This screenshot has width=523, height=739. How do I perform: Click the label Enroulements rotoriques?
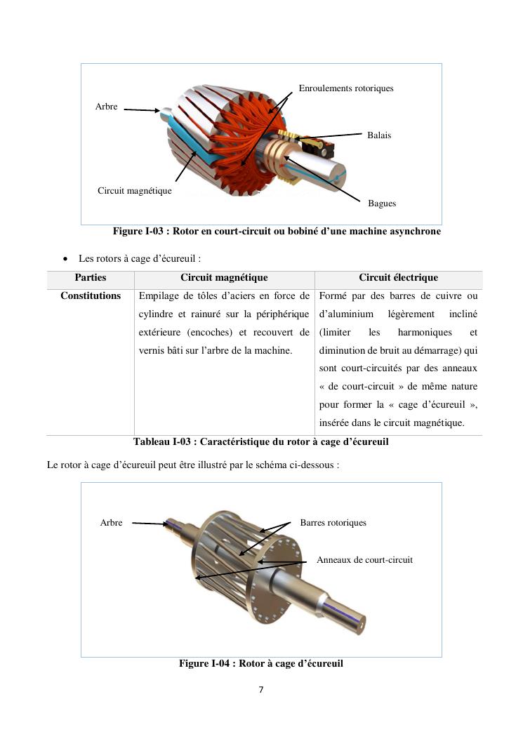pyautogui.click(x=346, y=88)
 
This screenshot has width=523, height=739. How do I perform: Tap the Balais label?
pyautogui.click(x=379, y=135)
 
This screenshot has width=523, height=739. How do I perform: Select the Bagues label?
pyautogui.click(x=382, y=204)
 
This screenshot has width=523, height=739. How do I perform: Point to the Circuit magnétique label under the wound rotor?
pyautogui.click(x=135, y=190)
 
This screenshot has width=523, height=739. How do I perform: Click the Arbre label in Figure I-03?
pyautogui.click(x=107, y=107)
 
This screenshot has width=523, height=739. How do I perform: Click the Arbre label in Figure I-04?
pyautogui.click(x=112, y=522)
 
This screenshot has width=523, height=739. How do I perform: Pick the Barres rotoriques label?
pyautogui.click(x=333, y=522)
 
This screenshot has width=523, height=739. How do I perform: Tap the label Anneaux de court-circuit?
pyautogui.click(x=364, y=560)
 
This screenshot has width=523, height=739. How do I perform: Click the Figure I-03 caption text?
pyautogui.click(x=277, y=232)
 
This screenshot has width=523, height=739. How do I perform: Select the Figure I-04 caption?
pyautogui.click(x=260, y=663)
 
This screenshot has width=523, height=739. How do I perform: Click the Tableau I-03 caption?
pyautogui.click(x=260, y=442)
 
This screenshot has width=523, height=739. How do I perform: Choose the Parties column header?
pyautogui.click(x=91, y=278)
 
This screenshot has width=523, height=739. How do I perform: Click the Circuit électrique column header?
pyautogui.click(x=398, y=278)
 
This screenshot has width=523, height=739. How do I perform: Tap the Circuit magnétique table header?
pyautogui.click(x=224, y=278)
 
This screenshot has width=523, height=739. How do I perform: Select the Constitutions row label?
pyautogui.click(x=91, y=296)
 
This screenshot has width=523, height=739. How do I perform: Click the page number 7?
pyautogui.click(x=261, y=690)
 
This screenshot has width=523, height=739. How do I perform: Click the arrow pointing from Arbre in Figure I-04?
pyautogui.click(x=149, y=523)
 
